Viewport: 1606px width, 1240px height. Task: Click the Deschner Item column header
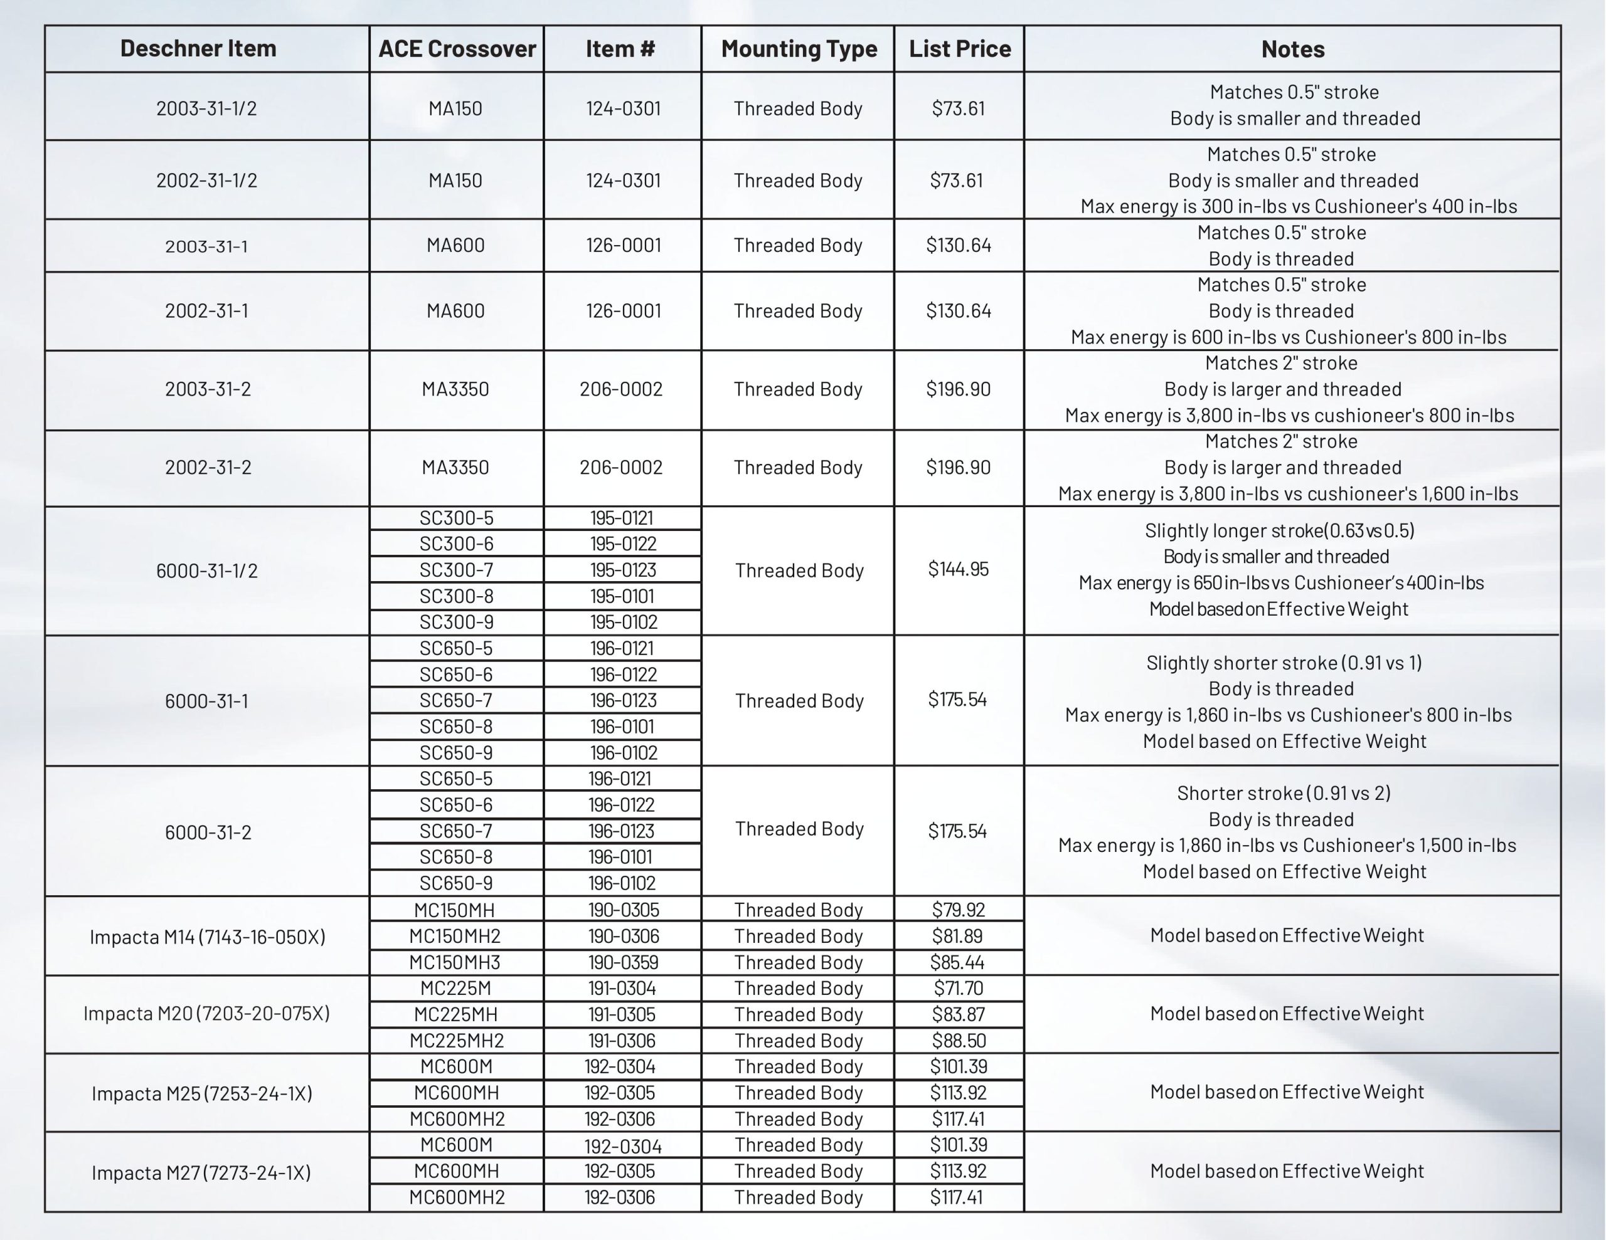(x=198, y=48)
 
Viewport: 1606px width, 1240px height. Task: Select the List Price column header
(x=960, y=48)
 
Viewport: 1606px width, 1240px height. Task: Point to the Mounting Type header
(x=799, y=48)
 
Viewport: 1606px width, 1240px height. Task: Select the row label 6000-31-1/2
(x=206, y=571)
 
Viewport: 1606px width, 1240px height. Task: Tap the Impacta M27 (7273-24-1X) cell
(x=201, y=1172)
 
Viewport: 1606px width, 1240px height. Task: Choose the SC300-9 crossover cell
(x=457, y=623)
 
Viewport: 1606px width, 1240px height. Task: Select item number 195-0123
(x=623, y=570)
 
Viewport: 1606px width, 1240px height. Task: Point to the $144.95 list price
(x=958, y=569)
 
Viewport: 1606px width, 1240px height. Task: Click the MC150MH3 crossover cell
(x=455, y=962)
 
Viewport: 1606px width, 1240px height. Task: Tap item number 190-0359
(x=623, y=962)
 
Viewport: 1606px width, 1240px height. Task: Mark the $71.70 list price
(x=958, y=989)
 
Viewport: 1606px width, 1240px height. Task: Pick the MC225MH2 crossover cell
(x=457, y=1041)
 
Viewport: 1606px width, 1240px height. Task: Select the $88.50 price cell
(x=958, y=1041)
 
